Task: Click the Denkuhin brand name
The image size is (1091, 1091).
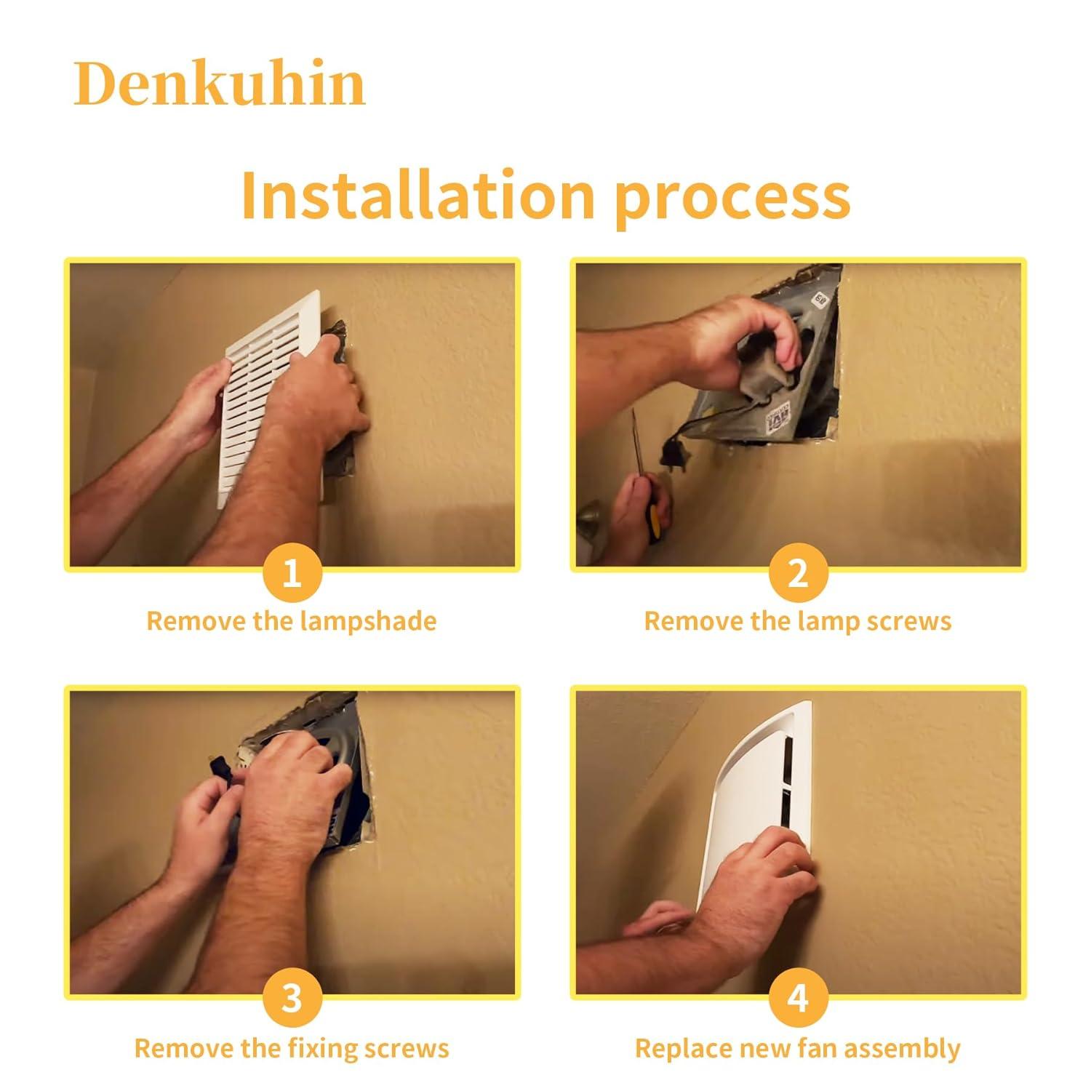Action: coord(219,84)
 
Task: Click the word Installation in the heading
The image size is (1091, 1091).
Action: coord(417,195)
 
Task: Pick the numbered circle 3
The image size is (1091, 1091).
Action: coord(292,999)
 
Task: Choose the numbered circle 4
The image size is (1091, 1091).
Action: coord(798,999)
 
